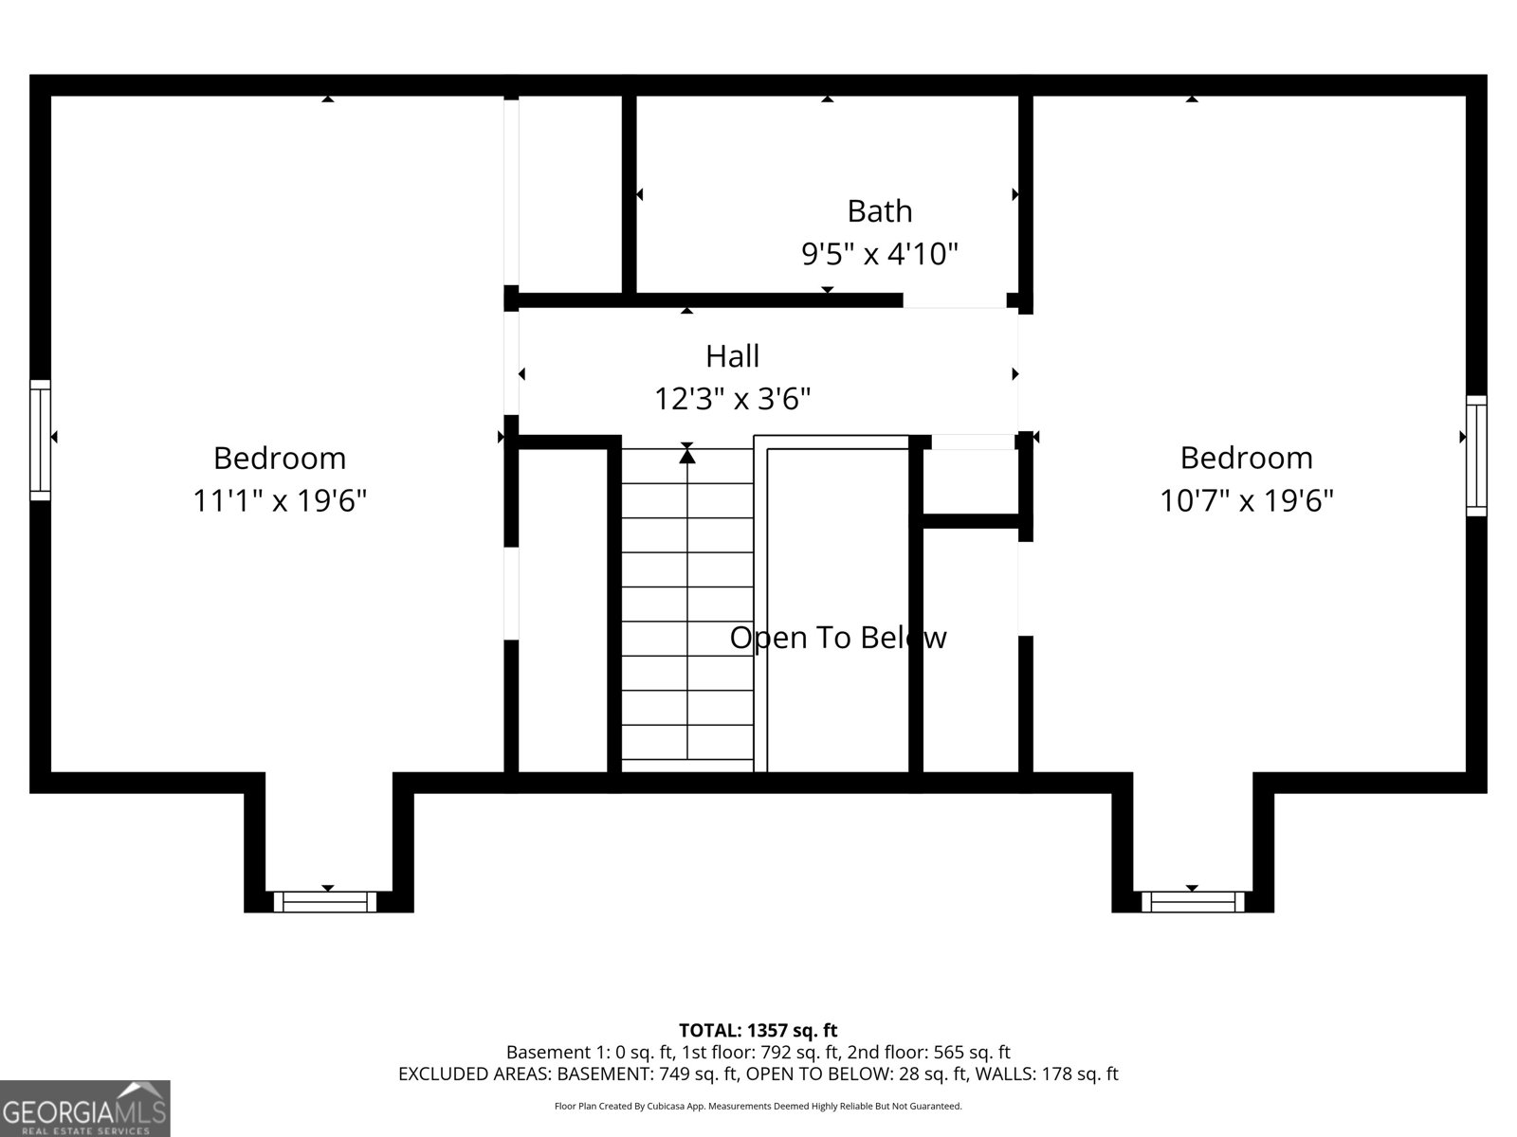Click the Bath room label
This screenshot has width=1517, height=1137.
point(879,211)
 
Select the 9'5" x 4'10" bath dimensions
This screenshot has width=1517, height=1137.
point(879,254)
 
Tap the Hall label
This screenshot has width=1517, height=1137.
point(732,356)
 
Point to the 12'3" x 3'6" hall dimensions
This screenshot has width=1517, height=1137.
point(732,399)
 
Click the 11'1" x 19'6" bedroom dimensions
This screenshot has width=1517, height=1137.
point(279,500)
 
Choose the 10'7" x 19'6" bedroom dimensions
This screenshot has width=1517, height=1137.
point(1246,500)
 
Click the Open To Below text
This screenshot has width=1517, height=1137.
point(837,637)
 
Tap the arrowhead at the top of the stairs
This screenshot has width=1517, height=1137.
point(687,455)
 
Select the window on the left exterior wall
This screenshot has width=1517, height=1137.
point(40,440)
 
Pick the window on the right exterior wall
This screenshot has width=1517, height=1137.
point(1476,456)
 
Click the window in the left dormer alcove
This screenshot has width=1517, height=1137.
point(325,902)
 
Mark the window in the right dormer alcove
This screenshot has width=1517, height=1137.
point(1192,902)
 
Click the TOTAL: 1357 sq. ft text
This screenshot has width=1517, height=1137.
point(758,1031)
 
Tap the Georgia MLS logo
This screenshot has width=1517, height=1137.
point(85,1109)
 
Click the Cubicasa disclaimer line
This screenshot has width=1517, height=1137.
point(758,1106)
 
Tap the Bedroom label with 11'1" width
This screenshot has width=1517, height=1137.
point(279,459)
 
